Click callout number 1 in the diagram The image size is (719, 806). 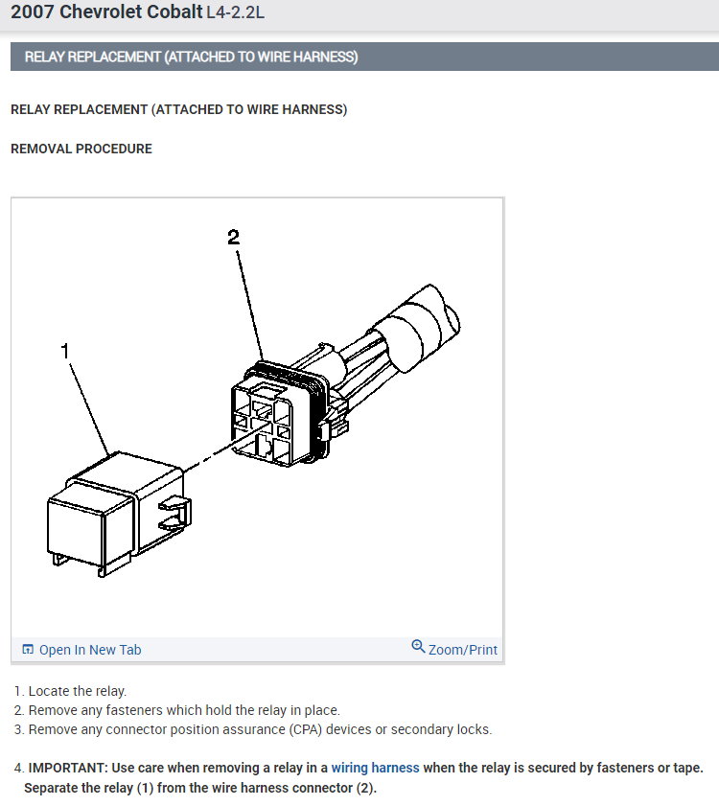tap(65, 351)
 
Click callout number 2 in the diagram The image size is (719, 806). tap(234, 237)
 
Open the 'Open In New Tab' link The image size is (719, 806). tap(90, 650)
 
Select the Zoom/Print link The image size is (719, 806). tap(463, 650)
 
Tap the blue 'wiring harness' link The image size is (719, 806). tap(376, 768)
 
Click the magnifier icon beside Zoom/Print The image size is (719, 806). tap(418, 647)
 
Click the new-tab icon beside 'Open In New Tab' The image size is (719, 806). tap(28, 649)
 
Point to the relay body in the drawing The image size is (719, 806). tap(119, 514)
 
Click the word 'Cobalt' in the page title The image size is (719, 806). tap(131, 12)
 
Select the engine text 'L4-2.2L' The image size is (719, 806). tap(236, 12)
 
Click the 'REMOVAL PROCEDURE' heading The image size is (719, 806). tap(81, 150)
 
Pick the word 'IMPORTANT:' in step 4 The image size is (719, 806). tap(68, 768)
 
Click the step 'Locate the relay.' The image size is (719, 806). tap(77, 691)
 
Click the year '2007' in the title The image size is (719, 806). tap(33, 12)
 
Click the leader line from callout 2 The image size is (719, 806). tap(249, 306)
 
